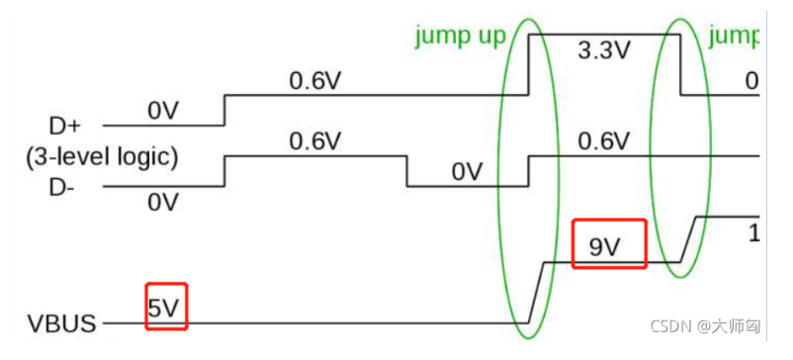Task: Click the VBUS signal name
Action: tap(60, 323)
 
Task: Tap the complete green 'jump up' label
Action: tap(460, 37)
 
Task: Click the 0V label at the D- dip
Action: tap(466, 172)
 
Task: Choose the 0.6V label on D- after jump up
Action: tap(603, 140)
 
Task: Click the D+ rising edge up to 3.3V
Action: tap(530, 64)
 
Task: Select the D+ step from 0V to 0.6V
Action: tap(225, 111)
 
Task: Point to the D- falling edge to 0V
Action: tap(407, 170)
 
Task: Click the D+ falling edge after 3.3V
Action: tap(681, 64)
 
